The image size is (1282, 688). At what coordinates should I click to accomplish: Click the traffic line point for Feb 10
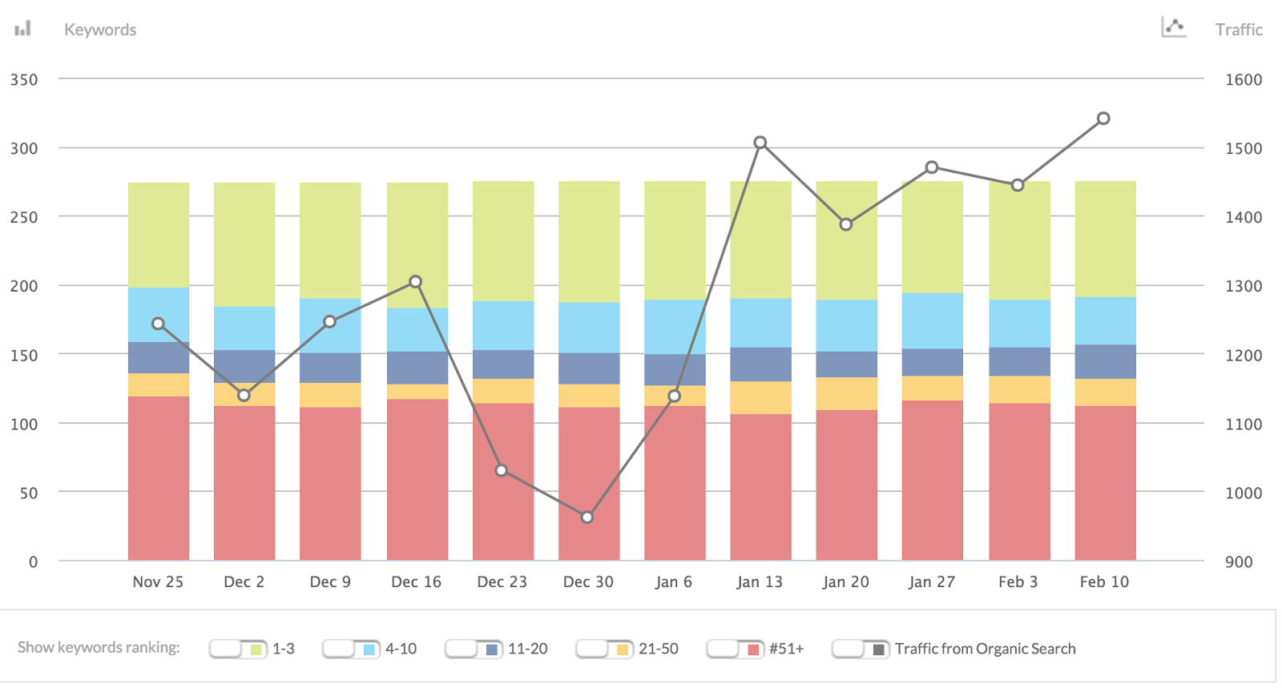click(1103, 119)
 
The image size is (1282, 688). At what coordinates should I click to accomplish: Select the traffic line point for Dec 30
click(587, 517)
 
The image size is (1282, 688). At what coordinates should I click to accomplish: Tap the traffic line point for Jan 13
click(760, 143)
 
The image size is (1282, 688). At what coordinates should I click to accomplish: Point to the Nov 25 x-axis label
click(158, 582)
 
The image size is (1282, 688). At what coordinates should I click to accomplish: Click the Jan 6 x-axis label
click(673, 582)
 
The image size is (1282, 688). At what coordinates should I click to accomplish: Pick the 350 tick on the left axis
click(24, 79)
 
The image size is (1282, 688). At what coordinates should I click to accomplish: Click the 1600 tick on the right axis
click(1243, 79)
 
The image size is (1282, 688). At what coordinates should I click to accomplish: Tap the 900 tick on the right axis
click(1239, 561)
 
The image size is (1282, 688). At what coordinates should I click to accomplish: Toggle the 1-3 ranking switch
click(236, 649)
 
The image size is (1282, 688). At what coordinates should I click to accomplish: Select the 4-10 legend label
click(401, 649)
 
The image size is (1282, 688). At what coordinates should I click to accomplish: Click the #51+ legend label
click(786, 649)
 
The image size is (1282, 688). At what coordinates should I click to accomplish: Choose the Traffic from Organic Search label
click(985, 649)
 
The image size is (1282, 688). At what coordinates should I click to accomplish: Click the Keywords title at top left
click(100, 30)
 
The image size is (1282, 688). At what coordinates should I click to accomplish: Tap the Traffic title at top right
click(1239, 30)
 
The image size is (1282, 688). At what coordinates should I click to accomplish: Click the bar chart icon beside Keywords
click(23, 29)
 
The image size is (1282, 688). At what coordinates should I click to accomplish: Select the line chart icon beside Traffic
click(1174, 27)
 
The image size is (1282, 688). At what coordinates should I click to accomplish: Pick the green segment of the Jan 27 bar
click(933, 237)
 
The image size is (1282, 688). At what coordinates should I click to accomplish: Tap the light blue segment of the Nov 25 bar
click(159, 315)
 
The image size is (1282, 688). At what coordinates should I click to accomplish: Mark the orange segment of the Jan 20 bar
click(846, 393)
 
